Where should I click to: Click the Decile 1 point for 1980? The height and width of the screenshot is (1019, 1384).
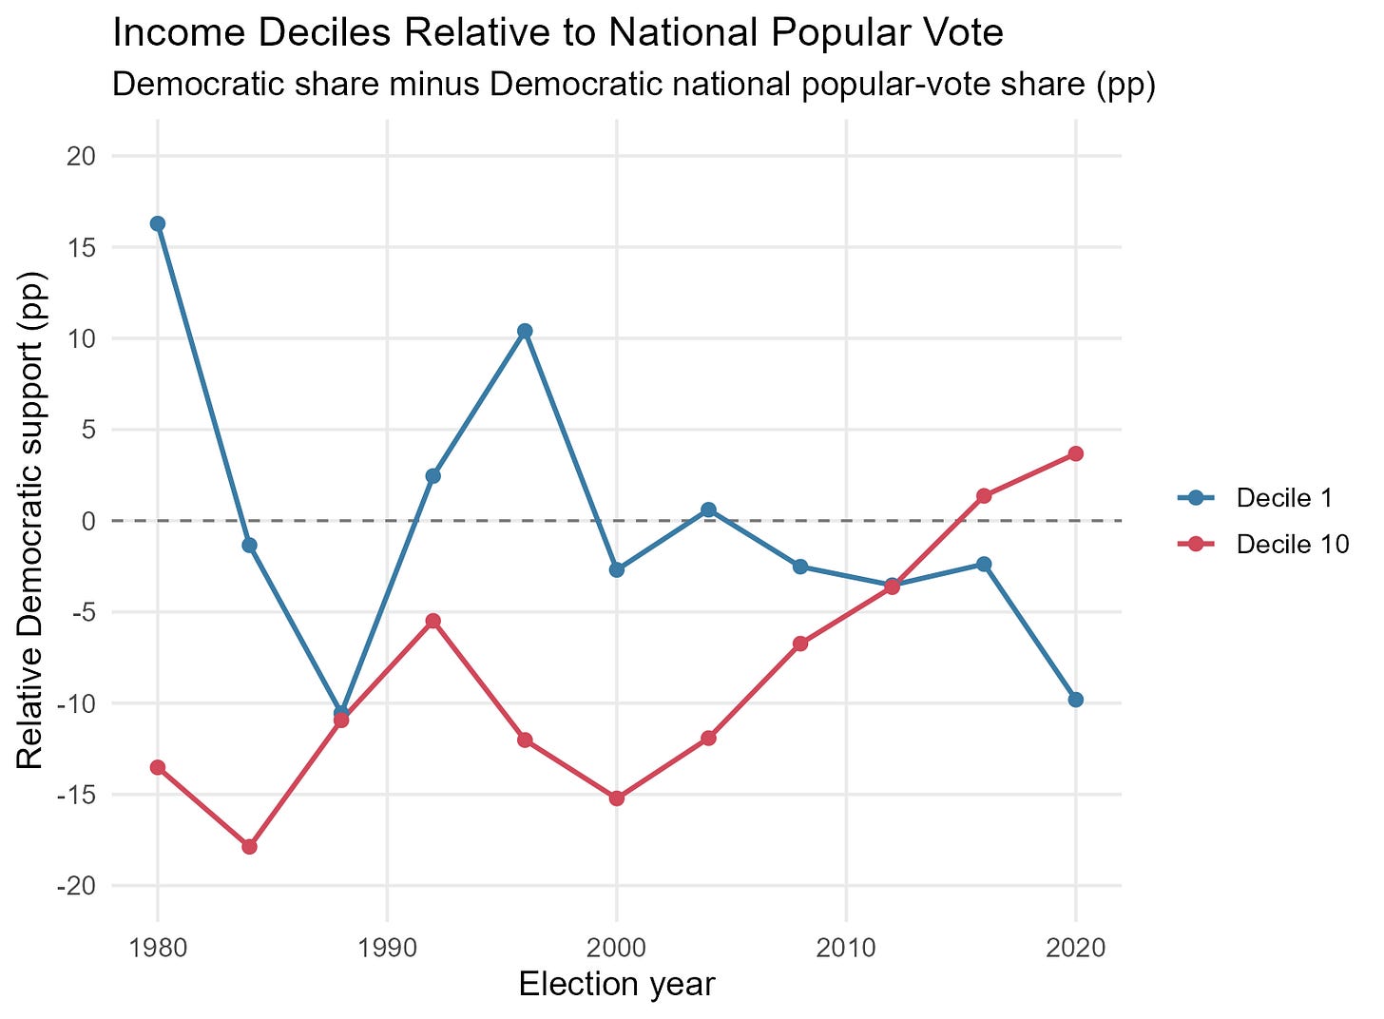158,223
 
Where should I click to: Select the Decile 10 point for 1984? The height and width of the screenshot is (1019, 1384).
250,847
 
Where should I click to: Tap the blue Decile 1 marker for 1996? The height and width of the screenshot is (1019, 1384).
525,331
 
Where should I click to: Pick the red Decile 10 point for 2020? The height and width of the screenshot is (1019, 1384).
1076,453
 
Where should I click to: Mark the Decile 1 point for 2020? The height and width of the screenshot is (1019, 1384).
1076,701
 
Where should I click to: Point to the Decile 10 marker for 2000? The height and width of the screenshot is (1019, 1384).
617,798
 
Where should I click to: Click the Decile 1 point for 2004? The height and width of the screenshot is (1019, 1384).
709,509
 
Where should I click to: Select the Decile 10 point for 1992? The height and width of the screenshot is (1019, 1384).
433,621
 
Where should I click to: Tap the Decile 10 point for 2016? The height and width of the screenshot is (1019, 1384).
984,495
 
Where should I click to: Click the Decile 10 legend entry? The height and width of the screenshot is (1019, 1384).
1263,545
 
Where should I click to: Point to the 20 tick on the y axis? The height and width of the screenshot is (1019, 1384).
82,156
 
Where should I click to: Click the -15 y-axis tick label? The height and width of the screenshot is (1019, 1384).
77,796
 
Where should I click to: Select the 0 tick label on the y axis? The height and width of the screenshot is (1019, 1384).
89,522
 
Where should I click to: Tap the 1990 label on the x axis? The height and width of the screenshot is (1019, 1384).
388,948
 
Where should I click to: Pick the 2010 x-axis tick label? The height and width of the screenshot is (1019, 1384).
846,948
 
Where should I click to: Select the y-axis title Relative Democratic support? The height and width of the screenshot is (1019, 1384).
30,522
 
